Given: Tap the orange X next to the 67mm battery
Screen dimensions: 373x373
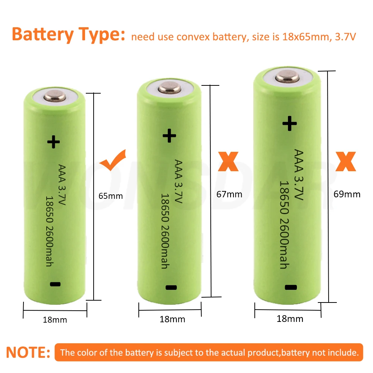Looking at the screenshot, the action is [228, 162].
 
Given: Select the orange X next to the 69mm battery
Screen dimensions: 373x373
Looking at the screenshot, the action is [346, 161].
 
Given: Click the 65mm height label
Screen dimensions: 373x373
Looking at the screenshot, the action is [110, 195].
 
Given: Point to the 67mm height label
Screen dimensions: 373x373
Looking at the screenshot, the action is [229, 194].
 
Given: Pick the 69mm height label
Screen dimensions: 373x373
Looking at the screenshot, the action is [347, 194].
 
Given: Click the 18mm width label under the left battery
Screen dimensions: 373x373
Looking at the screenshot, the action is [55, 320].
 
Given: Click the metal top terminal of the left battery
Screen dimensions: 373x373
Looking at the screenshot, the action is [55, 97].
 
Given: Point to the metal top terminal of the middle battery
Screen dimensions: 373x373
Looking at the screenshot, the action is [170, 89].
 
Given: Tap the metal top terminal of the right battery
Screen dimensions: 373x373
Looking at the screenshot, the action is [288, 78].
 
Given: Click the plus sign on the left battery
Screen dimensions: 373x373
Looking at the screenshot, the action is [53, 141].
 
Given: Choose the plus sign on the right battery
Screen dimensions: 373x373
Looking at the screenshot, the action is [289, 123].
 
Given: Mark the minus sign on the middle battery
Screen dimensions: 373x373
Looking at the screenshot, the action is [171, 287].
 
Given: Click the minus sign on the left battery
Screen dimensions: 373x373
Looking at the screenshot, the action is [54, 284].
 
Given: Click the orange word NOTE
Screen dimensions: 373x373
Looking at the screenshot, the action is [28, 352].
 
